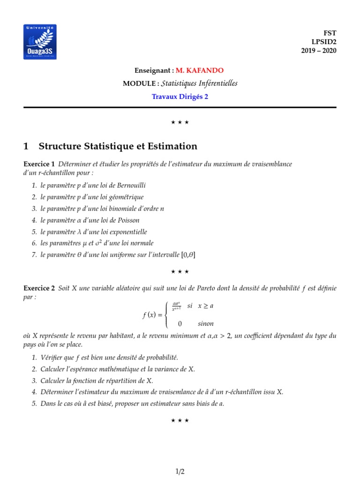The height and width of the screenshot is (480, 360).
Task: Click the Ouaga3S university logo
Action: pyautogui.click(x=40, y=42)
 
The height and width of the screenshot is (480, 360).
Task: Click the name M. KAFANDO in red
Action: pyautogui.click(x=200, y=70)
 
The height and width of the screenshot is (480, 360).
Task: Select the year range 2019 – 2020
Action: pyautogui.click(x=318, y=51)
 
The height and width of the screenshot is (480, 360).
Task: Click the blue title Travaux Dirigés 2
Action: pyautogui.click(x=180, y=97)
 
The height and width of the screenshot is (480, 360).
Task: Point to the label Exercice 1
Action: pyautogui.click(x=39, y=164)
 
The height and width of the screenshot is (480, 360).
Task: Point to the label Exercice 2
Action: pyautogui.click(x=39, y=288)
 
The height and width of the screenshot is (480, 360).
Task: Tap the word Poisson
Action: pyautogui.click(x=128, y=220)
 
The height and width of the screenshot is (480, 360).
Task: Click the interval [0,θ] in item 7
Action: pyautogui.click(x=188, y=255)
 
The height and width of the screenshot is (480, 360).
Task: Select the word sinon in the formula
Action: pyautogui.click(x=205, y=323)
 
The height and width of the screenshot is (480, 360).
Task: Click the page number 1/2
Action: pyautogui.click(x=180, y=472)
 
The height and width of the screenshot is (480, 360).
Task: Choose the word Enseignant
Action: pyautogui.click(x=152, y=70)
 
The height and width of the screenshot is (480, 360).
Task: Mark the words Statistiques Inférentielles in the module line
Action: pyautogui.click(x=199, y=83)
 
